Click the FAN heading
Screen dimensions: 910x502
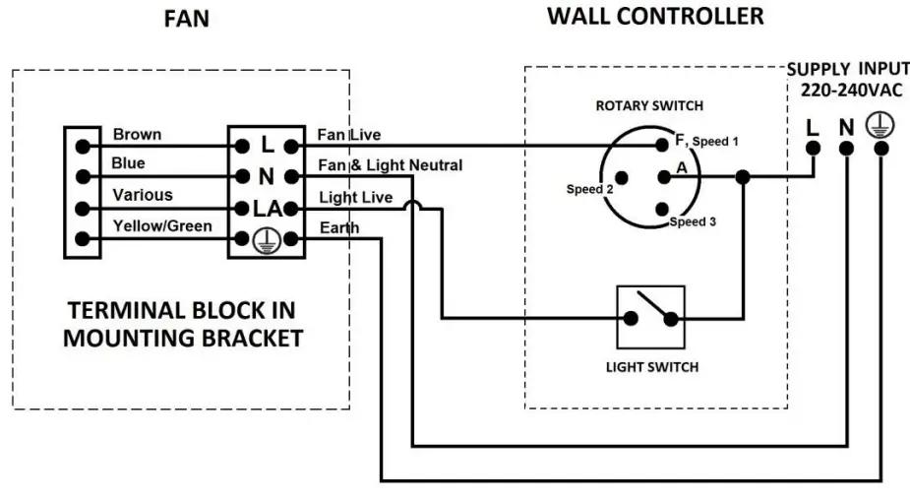186,19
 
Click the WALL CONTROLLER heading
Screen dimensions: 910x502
655,17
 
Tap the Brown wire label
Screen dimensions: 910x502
137,134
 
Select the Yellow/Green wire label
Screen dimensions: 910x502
162,225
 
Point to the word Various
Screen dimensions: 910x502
143,195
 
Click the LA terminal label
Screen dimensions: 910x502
267,209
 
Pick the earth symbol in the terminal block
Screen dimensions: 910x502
267,240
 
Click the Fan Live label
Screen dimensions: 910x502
349,135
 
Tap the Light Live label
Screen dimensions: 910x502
356,197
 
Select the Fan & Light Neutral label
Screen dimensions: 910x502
390,165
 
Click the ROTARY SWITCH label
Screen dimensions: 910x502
649,105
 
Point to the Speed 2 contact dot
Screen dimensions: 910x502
622,177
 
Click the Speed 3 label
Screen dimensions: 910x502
693,221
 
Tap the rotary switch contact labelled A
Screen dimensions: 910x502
664,177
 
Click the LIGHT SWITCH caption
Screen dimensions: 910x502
652,367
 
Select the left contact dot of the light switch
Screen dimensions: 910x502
631,318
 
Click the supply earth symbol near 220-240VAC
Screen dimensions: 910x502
880,125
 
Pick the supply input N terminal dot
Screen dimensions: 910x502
846,149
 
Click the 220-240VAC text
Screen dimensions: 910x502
851,91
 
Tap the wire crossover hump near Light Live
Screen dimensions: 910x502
412,203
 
